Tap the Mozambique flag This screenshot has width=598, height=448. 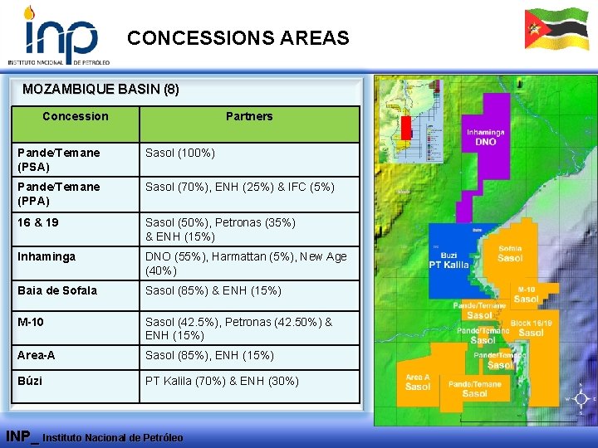(x=556, y=29)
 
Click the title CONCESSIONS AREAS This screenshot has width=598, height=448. (x=238, y=38)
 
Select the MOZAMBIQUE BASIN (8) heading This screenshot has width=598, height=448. (x=100, y=89)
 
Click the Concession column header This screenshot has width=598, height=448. (x=76, y=116)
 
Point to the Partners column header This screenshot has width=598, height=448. (x=249, y=116)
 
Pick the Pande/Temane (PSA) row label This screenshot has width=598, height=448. (x=59, y=159)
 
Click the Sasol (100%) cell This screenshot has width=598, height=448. (x=180, y=153)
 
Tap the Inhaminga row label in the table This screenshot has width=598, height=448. (x=47, y=256)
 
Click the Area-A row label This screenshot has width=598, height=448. (x=39, y=355)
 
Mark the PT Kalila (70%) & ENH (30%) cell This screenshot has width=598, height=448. (x=222, y=381)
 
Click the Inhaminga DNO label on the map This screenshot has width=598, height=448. (x=486, y=137)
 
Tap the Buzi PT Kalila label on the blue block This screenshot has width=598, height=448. (x=448, y=260)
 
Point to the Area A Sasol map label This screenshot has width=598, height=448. (x=418, y=382)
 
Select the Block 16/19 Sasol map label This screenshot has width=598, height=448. (x=531, y=327)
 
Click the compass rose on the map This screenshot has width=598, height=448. (x=579, y=399)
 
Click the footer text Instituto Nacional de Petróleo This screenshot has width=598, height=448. (x=112, y=437)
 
